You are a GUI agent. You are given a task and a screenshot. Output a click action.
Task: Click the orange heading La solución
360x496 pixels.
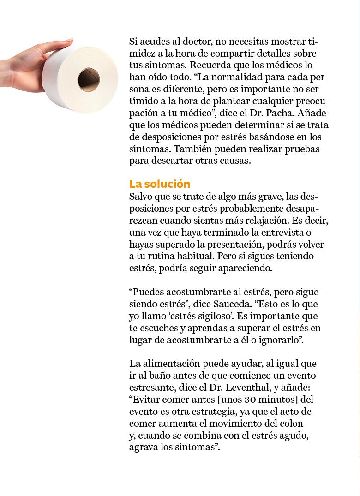(160, 184)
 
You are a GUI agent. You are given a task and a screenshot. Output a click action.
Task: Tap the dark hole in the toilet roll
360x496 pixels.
(89, 79)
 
